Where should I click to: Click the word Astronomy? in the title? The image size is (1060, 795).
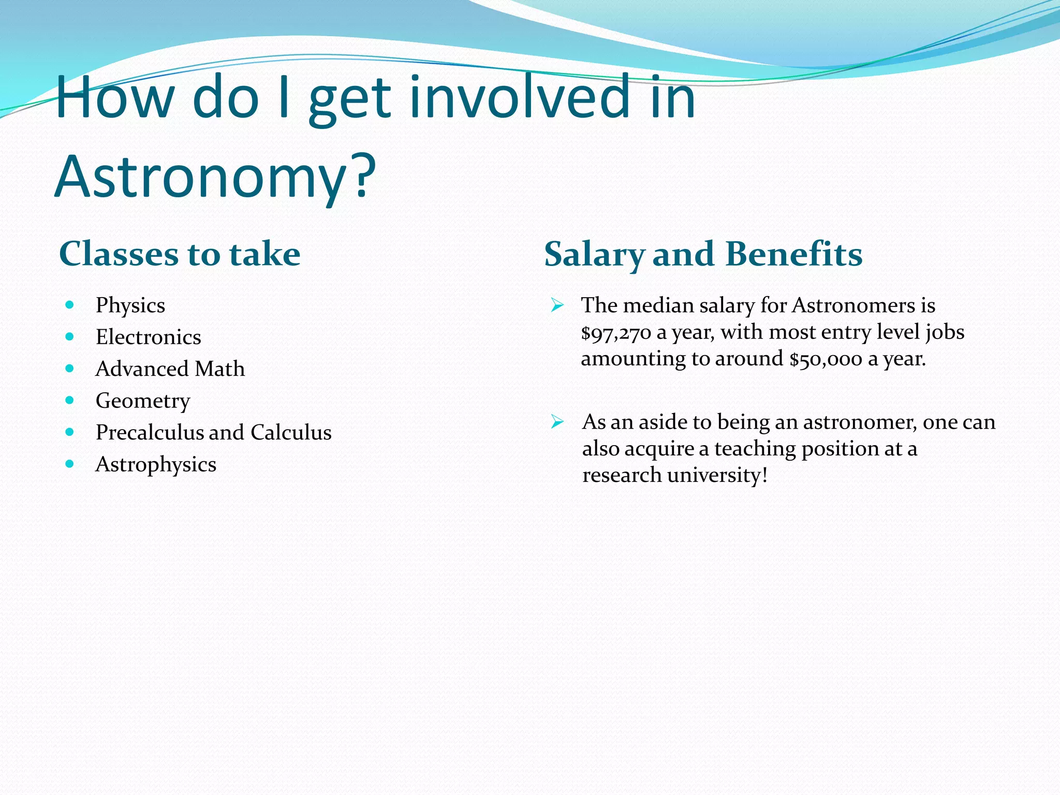pos(215,177)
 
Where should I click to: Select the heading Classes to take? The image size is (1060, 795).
pos(180,254)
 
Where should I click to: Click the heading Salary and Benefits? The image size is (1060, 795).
pos(703,254)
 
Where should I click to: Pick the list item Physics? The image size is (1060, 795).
pos(130,305)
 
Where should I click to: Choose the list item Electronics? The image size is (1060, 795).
pos(149,337)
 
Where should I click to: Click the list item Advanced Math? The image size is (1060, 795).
pos(170,369)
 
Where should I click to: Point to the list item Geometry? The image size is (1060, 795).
pos(143,401)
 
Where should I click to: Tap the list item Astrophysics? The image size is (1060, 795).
pos(156,464)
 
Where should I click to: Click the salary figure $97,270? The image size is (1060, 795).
pos(616,333)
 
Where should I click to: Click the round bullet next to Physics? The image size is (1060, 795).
pos(70,305)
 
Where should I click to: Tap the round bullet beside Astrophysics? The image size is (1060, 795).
pos(70,464)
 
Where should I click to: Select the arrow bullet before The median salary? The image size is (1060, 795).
pos(557,305)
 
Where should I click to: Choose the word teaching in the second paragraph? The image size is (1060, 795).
pos(755,449)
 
